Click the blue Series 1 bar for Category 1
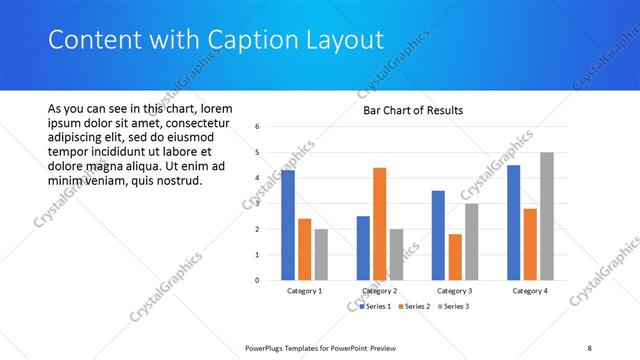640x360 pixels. [x=288, y=225]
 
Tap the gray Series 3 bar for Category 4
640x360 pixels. [x=546, y=216]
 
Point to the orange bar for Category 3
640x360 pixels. [x=455, y=257]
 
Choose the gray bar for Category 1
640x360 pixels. [x=321, y=254]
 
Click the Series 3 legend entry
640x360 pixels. [x=453, y=306]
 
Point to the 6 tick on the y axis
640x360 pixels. [x=258, y=127]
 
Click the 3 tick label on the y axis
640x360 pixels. [x=258, y=204]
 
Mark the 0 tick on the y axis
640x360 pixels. [x=258, y=280]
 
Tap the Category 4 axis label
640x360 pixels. [x=530, y=291]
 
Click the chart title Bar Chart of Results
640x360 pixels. [x=413, y=110]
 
